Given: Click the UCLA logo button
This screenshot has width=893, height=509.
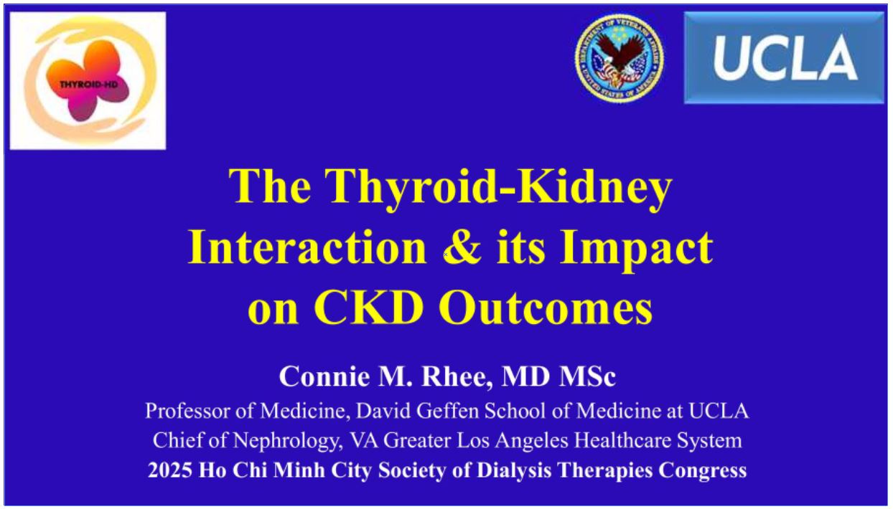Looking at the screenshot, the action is coord(784,58).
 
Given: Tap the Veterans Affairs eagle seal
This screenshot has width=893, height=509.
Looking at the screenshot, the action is coord(619,58).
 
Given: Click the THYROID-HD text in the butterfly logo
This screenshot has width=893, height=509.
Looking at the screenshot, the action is coord(88,85).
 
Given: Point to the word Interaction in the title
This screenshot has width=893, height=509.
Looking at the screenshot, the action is coord(307,247).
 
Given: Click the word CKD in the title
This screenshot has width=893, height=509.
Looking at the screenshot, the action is coord(368,308).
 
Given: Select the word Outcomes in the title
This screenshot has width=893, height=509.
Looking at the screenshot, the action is coord(546,308).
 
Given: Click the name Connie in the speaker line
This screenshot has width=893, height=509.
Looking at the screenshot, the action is coord(324,376).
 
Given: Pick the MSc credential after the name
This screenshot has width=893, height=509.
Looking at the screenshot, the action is coord(587,376).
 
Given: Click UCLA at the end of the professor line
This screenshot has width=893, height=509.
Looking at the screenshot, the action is coord(719,411).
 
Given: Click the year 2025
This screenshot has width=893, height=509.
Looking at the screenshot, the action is coord(170,470).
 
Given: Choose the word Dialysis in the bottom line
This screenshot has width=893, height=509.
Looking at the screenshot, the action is coord(514,471).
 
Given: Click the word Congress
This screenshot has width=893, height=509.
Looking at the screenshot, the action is coord(703,471).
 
